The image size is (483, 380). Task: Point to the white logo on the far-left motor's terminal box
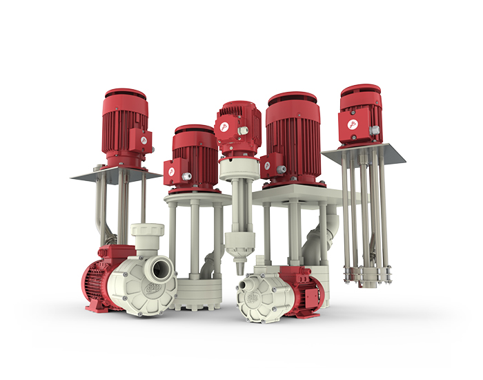pyautogui.click(x=144, y=140)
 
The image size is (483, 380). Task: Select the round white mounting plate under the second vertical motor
pyautogui.click(x=197, y=198)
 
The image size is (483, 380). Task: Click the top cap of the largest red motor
pyautogui.click(x=293, y=97)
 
